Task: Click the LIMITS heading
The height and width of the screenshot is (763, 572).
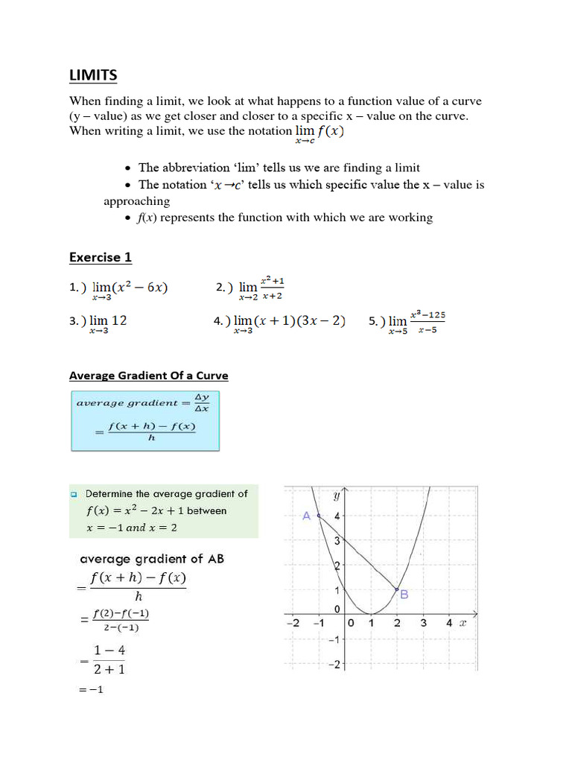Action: pyautogui.click(x=93, y=75)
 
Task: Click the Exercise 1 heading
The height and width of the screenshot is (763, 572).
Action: pyautogui.click(x=101, y=257)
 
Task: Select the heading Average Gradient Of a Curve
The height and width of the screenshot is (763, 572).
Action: pyautogui.click(x=148, y=376)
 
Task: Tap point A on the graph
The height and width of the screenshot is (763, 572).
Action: pyautogui.click(x=318, y=516)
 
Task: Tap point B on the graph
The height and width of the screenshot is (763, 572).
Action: pyautogui.click(x=396, y=589)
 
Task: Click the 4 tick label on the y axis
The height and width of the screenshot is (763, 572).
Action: pyautogui.click(x=337, y=516)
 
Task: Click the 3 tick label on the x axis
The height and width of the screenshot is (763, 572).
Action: pyautogui.click(x=423, y=623)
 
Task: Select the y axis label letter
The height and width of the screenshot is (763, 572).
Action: pyautogui.click(x=337, y=496)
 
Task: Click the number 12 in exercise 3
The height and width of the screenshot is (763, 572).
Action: pyautogui.click(x=118, y=320)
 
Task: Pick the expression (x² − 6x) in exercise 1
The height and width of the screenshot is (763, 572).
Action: pyautogui.click(x=141, y=288)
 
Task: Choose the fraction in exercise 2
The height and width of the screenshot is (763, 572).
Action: pyautogui.click(x=272, y=288)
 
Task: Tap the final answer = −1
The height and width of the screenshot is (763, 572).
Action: pyautogui.click(x=90, y=690)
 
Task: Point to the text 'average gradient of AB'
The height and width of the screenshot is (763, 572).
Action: pyautogui.click(x=151, y=559)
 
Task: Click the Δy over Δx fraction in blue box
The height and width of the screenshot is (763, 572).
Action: pyautogui.click(x=201, y=402)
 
